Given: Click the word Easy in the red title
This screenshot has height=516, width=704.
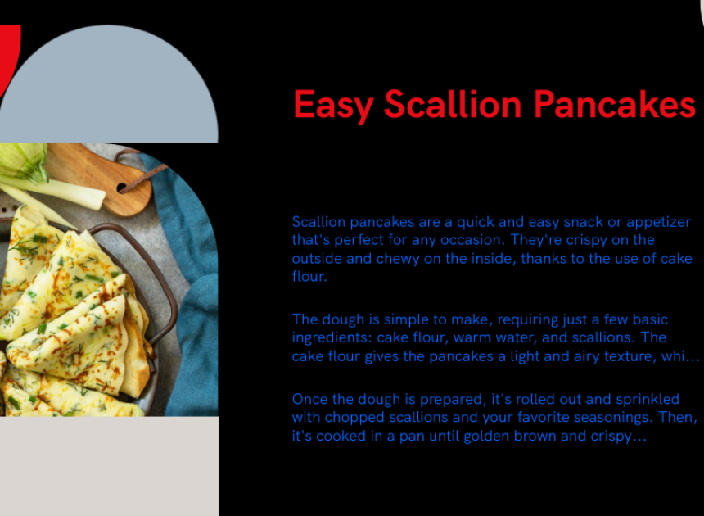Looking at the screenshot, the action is [332, 106].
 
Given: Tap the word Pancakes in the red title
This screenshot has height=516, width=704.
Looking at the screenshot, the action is [615, 104].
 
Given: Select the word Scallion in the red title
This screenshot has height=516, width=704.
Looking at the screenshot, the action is [453, 104].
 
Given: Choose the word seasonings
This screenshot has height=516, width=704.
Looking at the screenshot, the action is [612, 418].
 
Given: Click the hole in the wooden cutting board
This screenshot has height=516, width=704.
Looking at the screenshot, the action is [122, 188].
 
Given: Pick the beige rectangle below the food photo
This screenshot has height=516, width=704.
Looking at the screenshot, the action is [109, 466].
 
